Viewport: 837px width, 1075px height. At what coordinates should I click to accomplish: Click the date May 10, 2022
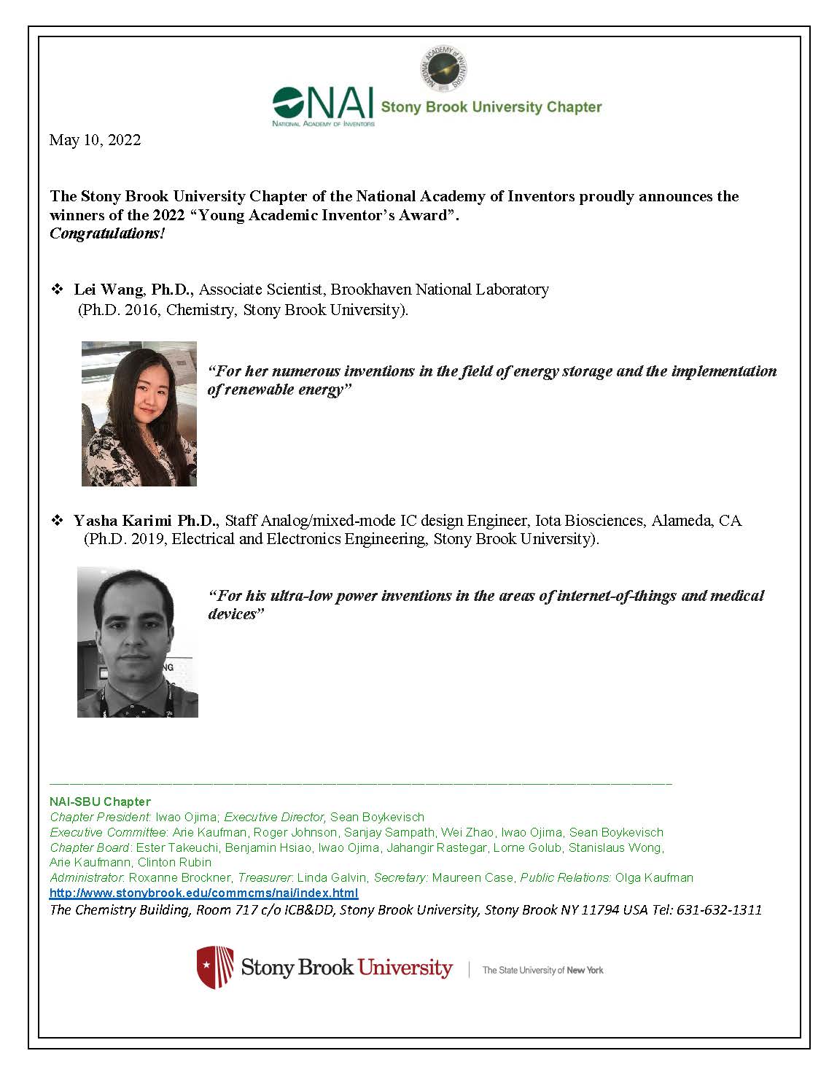(x=95, y=140)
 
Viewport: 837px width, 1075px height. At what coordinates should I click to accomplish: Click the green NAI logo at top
(x=323, y=106)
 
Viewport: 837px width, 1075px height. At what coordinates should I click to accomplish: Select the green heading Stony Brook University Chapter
(x=491, y=107)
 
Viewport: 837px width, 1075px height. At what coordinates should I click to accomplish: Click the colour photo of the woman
(x=139, y=414)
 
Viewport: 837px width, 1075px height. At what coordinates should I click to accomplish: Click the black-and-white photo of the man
(x=138, y=642)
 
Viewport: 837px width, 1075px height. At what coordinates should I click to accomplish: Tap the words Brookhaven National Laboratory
(x=440, y=290)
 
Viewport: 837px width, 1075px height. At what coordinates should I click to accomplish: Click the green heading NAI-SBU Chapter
(x=100, y=802)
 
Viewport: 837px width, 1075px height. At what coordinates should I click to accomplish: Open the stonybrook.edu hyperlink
(x=203, y=893)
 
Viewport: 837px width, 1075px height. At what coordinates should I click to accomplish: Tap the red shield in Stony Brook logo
(x=215, y=967)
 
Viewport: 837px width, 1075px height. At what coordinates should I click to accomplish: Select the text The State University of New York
(x=542, y=970)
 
